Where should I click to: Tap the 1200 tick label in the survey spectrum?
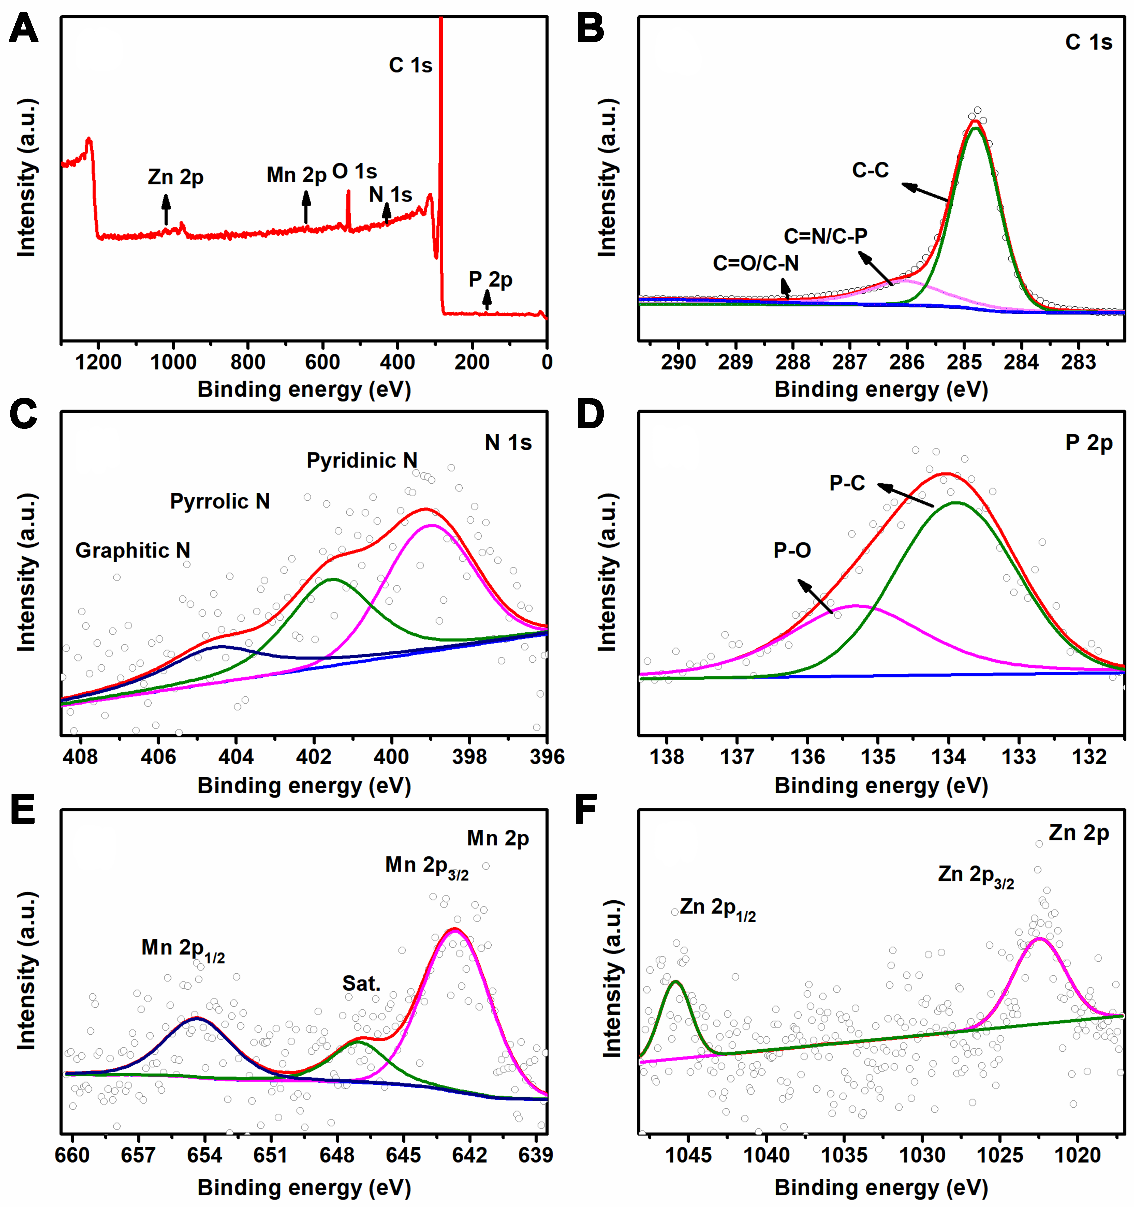click(x=98, y=363)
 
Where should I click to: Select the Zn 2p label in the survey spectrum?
click(x=175, y=177)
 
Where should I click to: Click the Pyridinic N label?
click(x=362, y=461)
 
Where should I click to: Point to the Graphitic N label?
click(x=133, y=551)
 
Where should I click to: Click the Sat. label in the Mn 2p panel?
click(x=362, y=984)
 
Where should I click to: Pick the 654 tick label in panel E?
click(x=205, y=1155)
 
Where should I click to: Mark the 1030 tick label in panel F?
click(x=922, y=1155)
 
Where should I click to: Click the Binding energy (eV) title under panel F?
click(x=881, y=1188)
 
